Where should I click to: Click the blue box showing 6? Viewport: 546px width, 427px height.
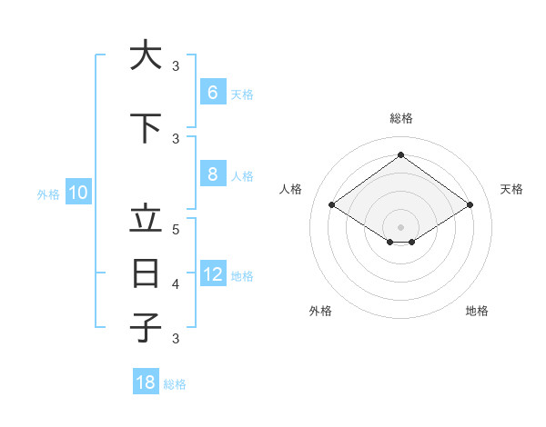[212, 93]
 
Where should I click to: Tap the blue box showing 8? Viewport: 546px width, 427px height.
[212, 174]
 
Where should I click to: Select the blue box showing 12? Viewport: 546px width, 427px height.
[212, 274]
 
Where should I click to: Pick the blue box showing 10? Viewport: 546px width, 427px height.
[77, 193]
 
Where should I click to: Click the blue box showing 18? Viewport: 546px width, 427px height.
[146, 382]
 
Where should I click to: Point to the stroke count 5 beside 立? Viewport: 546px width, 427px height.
[176, 230]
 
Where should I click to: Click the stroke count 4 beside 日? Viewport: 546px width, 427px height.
[176, 284]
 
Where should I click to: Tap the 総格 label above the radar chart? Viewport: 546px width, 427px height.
[400, 118]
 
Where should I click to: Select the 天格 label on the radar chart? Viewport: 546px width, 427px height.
[511, 189]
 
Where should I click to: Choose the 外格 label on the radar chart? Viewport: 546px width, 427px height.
[319, 311]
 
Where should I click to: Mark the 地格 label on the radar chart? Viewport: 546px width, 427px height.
[477, 311]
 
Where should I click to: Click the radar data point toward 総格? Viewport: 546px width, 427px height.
[400, 154]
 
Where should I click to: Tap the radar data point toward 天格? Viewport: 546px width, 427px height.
[470, 204]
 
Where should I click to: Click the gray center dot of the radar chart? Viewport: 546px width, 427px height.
[400, 226]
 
